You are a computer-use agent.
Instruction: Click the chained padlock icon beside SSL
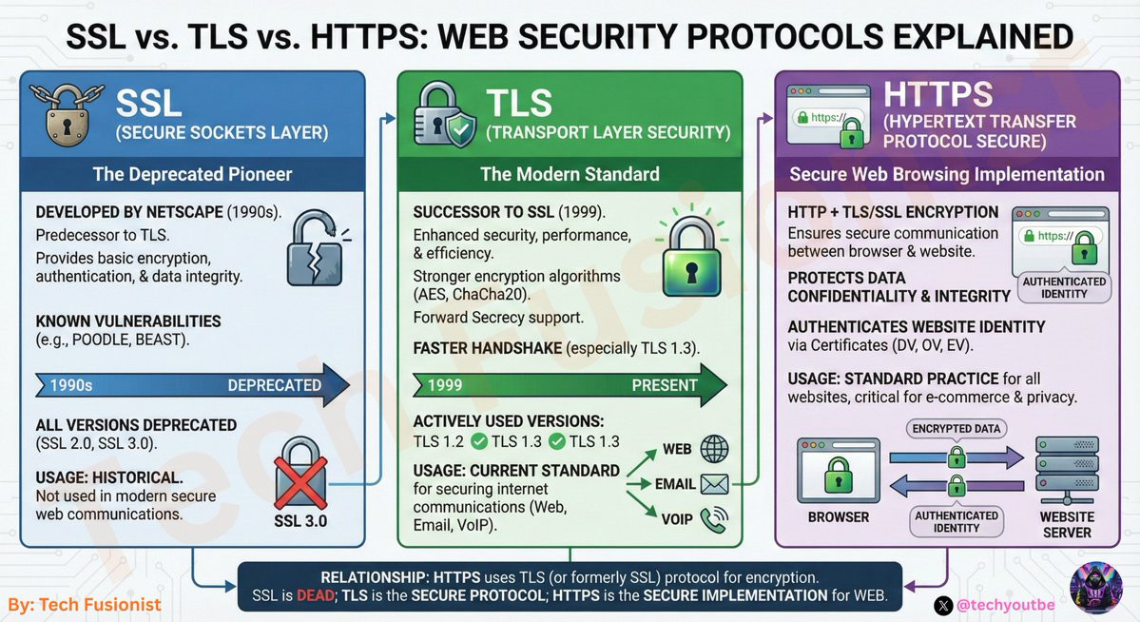click(67, 113)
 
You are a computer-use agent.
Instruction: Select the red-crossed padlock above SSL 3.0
click(300, 473)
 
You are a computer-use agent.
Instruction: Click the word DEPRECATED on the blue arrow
click(274, 385)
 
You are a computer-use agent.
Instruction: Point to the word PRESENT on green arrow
click(665, 385)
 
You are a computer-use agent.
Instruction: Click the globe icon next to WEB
click(714, 449)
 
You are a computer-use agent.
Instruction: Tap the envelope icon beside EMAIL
click(714, 484)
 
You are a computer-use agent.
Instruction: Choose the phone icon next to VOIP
click(713, 519)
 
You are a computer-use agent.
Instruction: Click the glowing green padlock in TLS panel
click(691, 255)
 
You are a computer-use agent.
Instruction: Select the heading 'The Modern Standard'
click(570, 175)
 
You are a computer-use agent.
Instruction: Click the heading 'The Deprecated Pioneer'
click(192, 175)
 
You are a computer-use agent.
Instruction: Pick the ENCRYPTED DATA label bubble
click(956, 429)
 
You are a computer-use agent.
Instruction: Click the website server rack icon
click(1067, 471)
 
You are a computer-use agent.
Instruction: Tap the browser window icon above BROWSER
click(839, 471)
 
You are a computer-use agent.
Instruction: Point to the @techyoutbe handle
click(1006, 605)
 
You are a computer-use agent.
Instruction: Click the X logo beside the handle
click(943, 605)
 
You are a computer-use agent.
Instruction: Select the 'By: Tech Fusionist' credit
click(85, 605)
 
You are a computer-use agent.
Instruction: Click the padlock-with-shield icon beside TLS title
click(444, 116)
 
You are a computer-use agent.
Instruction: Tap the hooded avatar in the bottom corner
click(1095, 588)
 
